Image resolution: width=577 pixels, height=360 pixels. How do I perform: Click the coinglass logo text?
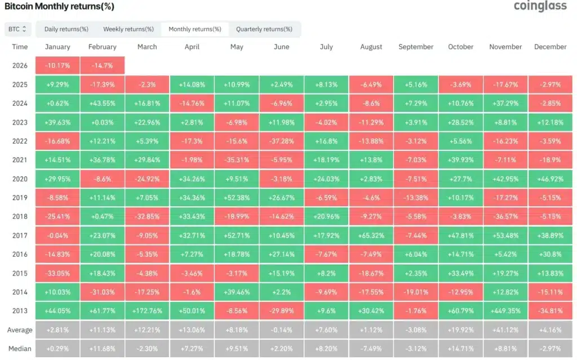540,6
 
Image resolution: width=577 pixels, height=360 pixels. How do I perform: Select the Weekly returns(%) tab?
128,29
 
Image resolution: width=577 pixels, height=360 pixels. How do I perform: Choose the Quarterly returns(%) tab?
264,29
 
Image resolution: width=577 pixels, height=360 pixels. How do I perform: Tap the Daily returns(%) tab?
66,29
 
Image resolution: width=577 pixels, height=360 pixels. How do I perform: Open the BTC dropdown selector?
18,29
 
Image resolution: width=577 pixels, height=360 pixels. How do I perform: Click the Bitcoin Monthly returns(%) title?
59,7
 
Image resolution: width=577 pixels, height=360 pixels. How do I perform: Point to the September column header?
416,47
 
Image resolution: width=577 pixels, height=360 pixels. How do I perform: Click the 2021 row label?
20,159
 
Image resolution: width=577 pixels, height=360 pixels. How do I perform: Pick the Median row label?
20,349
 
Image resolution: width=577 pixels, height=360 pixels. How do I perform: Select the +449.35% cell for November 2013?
505,310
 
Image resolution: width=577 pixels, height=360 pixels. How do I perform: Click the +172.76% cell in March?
147,310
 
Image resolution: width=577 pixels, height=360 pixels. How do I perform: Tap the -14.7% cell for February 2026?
102,65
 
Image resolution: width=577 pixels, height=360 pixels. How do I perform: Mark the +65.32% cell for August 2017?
371,235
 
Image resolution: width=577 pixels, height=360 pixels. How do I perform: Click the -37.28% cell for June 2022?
281,141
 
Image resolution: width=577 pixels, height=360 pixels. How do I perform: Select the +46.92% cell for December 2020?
551,179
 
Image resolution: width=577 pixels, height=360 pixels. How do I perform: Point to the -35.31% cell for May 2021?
237,159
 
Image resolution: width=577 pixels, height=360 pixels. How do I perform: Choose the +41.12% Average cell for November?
505,330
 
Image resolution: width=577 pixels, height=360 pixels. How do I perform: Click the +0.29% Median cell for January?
57,349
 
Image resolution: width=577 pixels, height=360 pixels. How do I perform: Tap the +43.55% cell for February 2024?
102,103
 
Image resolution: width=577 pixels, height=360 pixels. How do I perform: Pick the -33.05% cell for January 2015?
57,273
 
